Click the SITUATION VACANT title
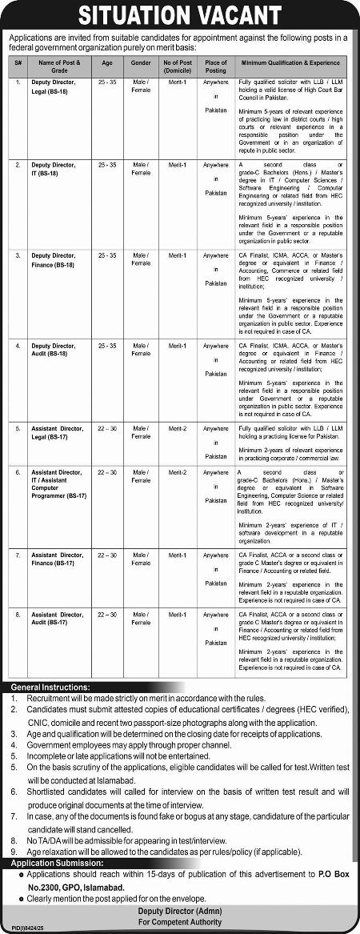179,15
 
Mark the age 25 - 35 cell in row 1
107,82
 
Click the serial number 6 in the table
18,472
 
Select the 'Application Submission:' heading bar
58,864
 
